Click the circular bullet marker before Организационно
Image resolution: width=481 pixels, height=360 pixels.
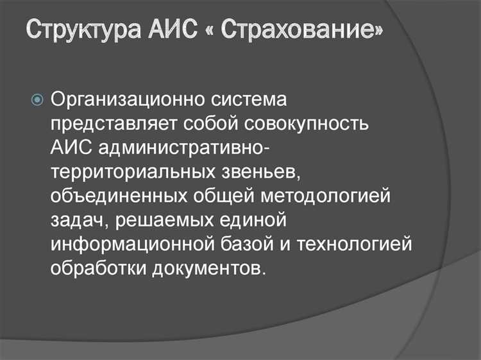[x=37, y=100]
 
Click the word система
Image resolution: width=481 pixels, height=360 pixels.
[x=245, y=100]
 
